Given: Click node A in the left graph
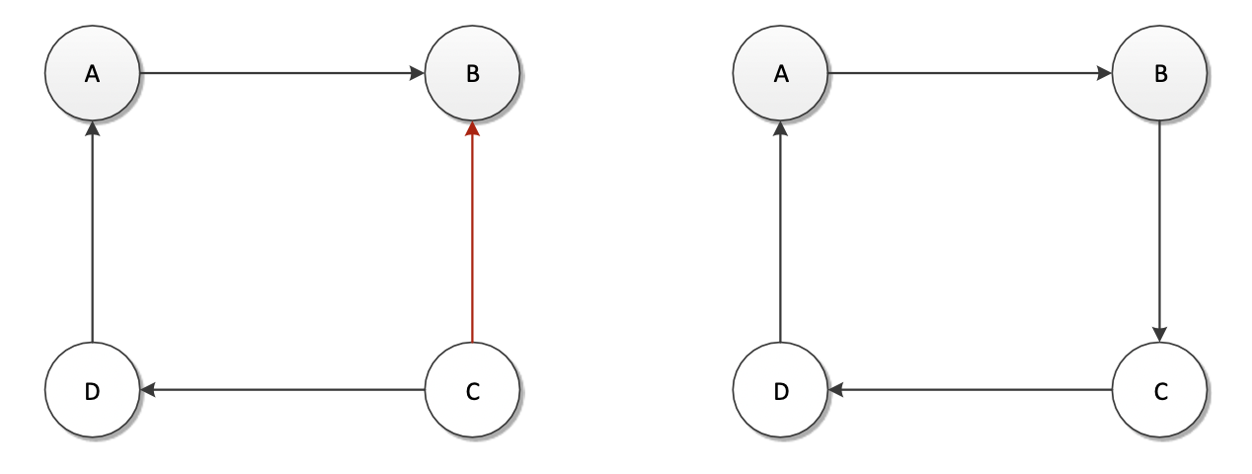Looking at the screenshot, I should [92, 74].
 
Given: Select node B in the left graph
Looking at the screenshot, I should [472, 74].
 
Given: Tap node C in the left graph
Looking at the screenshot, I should [472, 391].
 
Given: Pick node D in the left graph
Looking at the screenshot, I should [92, 391].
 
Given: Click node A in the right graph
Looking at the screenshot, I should [781, 74].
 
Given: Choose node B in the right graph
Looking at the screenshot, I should [1160, 74].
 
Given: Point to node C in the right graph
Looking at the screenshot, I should [1160, 391].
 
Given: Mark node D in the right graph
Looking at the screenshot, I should [781, 391].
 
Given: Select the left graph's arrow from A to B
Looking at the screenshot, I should [281, 73].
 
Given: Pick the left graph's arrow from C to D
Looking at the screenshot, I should [281, 391].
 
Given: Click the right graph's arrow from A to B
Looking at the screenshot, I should [971, 73].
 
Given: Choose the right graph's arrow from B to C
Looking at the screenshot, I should [1160, 232].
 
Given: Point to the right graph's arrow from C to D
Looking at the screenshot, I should [971, 391].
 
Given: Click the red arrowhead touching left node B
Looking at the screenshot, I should [472, 128].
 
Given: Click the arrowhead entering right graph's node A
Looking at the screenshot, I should [781, 128].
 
